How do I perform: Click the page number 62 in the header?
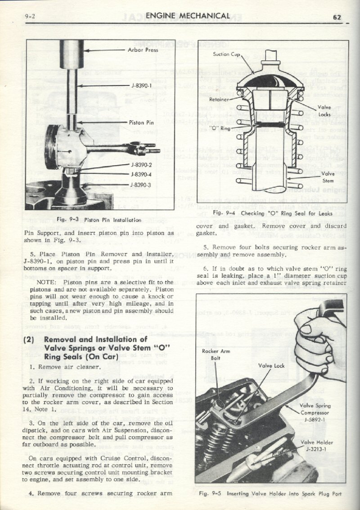337,18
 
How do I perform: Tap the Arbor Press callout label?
143,50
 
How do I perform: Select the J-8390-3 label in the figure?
140,185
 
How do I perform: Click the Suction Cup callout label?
226,54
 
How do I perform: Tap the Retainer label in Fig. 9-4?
221,99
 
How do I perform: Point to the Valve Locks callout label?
324,111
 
